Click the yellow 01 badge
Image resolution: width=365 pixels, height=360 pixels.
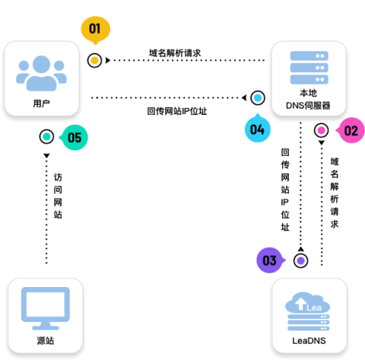click(95, 30)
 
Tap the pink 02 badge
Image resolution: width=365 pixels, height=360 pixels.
click(351, 130)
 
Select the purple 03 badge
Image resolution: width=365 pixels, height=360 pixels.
click(269, 260)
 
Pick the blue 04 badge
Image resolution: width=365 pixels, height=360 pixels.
click(257, 129)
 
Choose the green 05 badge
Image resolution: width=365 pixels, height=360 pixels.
click(75, 138)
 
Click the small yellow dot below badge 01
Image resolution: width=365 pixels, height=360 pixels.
click(94, 60)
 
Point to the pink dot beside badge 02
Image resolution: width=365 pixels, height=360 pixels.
click(321, 130)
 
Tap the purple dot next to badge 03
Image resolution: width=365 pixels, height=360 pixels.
click(300, 260)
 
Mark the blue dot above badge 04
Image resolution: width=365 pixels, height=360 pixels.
click(258, 97)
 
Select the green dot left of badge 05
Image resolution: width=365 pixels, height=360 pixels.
click(46, 137)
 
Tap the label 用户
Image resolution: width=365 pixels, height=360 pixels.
click(42, 103)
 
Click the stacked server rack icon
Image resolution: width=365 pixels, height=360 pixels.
click(309, 66)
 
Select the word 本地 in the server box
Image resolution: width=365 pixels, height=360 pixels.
click(309, 92)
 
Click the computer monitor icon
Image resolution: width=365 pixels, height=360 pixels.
click(45, 306)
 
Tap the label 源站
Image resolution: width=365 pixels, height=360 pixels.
click(45, 340)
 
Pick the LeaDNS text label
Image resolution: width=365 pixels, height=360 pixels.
click(309, 340)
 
